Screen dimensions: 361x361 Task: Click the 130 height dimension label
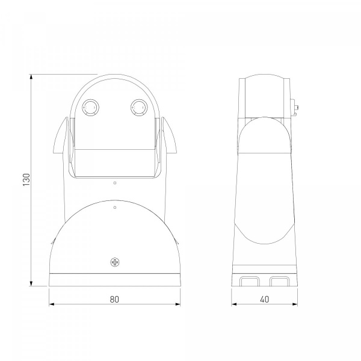26,180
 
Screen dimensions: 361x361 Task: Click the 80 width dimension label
114,299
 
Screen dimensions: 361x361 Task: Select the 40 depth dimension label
265,299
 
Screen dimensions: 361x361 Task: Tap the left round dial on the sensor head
90,108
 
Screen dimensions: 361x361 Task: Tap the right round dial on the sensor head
138,108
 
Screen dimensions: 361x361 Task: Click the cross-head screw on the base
115,262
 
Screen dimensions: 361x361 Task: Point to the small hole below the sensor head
115,183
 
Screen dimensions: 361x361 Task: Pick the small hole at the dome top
115,208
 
